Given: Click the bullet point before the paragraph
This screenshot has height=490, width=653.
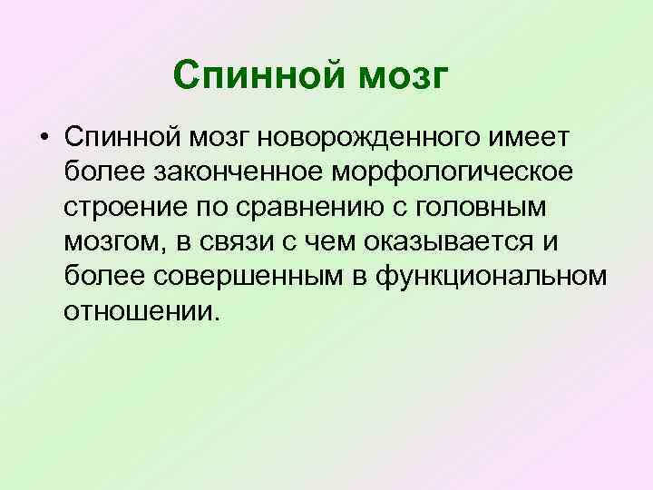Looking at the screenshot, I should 43,137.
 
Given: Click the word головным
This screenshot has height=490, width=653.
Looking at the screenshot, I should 498,208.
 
